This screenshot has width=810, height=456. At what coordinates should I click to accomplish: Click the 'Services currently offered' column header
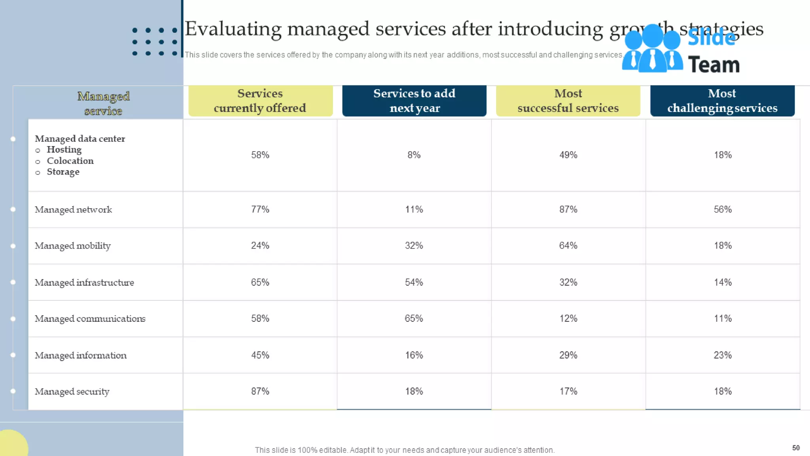(x=260, y=101)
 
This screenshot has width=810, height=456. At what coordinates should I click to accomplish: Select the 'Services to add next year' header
(x=414, y=101)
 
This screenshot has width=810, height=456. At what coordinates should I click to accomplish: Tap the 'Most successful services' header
(x=568, y=101)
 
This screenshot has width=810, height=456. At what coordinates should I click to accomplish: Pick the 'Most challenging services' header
(x=722, y=101)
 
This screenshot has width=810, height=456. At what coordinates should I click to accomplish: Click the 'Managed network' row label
(x=73, y=209)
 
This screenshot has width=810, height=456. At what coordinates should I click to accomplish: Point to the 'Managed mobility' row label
(x=73, y=246)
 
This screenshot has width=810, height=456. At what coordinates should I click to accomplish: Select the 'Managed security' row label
(x=72, y=391)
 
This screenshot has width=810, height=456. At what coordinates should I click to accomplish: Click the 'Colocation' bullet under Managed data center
(x=70, y=161)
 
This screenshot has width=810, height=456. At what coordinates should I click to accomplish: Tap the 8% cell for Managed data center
(x=414, y=155)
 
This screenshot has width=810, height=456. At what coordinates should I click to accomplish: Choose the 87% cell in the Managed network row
(x=568, y=209)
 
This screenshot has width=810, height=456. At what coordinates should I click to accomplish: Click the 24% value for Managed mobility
(x=260, y=245)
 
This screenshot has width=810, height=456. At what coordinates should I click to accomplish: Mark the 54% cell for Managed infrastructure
(x=414, y=282)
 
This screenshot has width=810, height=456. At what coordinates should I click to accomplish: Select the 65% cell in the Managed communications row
(x=414, y=319)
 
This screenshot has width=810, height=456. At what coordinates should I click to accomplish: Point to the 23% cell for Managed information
(x=722, y=355)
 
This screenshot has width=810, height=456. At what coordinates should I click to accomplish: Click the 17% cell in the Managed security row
(x=568, y=391)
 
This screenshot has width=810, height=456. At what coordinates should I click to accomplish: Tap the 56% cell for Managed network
(x=722, y=209)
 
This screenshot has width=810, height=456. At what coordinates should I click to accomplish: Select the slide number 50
(x=796, y=448)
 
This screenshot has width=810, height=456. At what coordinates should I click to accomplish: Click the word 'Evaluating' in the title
(x=233, y=29)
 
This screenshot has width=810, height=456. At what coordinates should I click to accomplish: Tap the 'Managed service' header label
(x=103, y=103)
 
